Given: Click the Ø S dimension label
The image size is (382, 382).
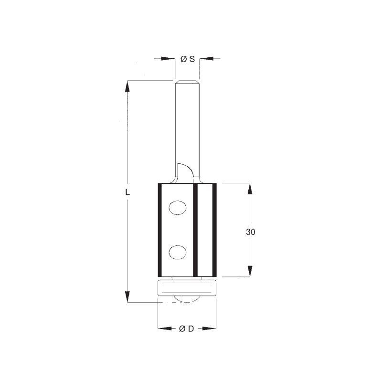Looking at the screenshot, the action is point(188,59).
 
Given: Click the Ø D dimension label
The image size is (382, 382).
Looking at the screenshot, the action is point(186,329).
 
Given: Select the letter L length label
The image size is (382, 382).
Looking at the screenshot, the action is point(127,192).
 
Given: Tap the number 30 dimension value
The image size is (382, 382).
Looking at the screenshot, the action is point(250,232).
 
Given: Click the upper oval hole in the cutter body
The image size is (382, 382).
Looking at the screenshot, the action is point(178,208).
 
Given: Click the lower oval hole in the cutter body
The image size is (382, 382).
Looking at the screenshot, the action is point(178,252).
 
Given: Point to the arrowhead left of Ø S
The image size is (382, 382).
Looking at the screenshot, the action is point(168,58).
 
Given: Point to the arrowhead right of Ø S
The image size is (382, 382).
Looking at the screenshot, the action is point(206,58).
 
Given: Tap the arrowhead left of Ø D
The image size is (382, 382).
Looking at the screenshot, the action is point(165,329).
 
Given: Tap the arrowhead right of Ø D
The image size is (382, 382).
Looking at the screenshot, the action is point(209,329).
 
